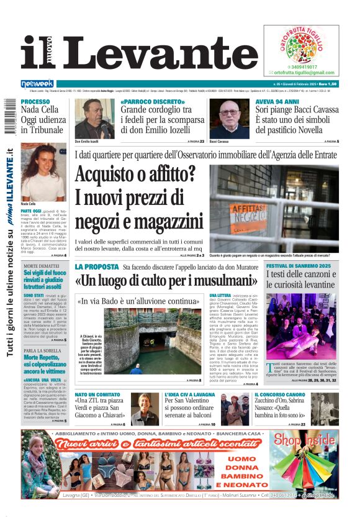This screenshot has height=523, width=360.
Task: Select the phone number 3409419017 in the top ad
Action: point(302,66)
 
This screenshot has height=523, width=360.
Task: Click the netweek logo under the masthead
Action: point(37,84)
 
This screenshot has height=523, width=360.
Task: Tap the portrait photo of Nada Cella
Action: point(43,175)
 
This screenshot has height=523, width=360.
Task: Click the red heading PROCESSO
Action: point(35,101)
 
